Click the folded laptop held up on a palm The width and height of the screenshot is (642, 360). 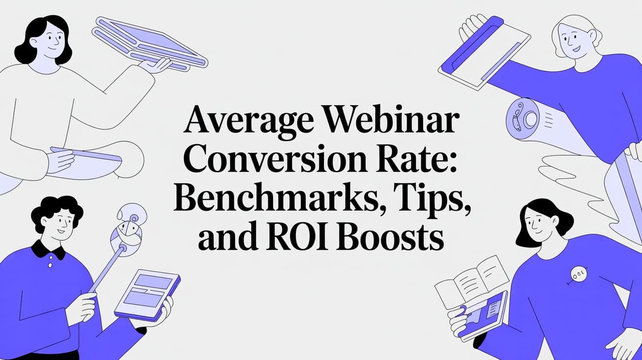[149, 43]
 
